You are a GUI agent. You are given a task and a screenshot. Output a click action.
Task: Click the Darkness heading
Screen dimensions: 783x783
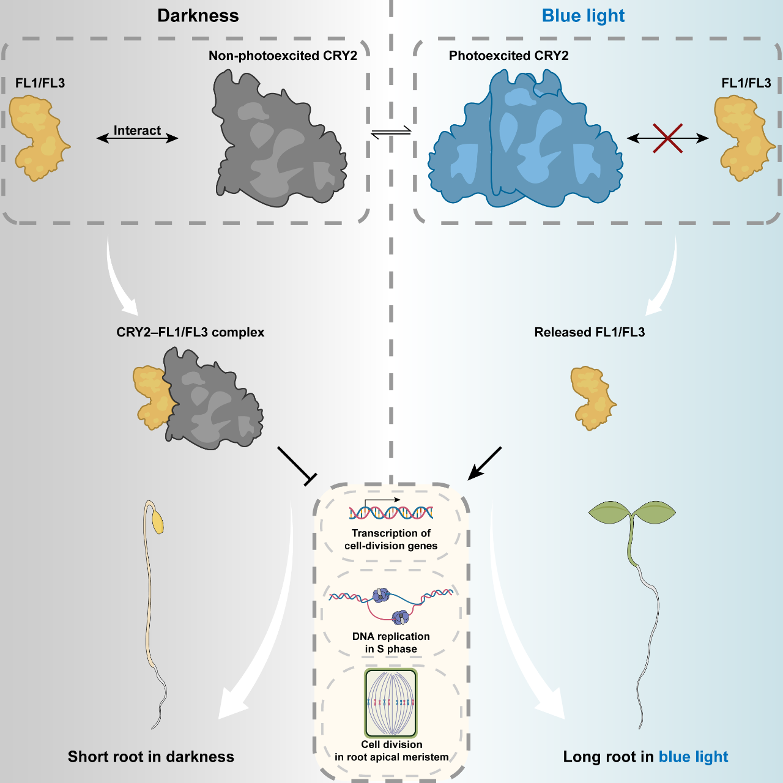pyautogui.click(x=198, y=16)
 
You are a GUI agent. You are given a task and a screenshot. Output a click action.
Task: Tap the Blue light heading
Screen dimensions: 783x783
pyautogui.click(x=583, y=16)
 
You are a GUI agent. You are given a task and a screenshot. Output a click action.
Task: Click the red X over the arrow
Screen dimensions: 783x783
pyautogui.click(x=667, y=138)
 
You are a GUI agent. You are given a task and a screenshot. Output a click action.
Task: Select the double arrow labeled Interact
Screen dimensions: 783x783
pyautogui.click(x=137, y=138)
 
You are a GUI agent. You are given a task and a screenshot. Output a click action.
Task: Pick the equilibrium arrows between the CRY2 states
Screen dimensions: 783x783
pyautogui.click(x=391, y=133)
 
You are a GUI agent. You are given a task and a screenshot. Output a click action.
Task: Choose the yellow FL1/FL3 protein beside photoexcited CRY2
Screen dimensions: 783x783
pyautogui.click(x=743, y=138)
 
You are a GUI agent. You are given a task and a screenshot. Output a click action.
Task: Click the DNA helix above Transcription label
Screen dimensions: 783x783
pyautogui.click(x=391, y=513)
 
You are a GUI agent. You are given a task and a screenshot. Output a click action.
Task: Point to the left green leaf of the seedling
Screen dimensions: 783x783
pyautogui.click(x=609, y=513)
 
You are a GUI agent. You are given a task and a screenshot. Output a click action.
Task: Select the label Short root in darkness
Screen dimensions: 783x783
pyautogui.click(x=150, y=757)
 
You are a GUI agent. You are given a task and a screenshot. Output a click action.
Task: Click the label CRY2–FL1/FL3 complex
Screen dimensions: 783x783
pyautogui.click(x=190, y=332)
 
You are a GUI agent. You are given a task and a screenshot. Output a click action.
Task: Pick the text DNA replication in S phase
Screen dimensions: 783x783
pyautogui.click(x=391, y=642)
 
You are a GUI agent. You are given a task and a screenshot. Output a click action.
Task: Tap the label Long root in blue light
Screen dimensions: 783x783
pyautogui.click(x=645, y=757)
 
